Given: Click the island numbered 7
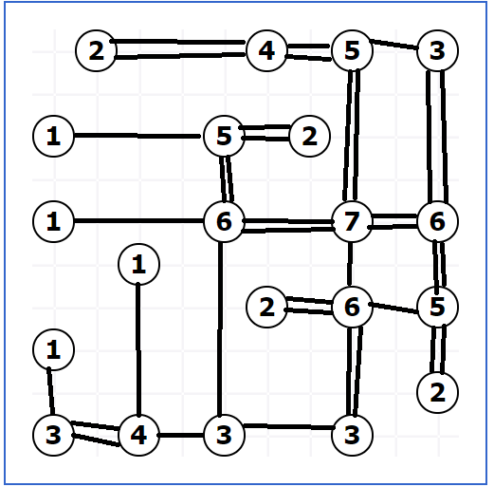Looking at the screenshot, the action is [x=352, y=221].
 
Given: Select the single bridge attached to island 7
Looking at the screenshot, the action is [x=350, y=264].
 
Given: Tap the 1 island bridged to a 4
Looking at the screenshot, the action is [x=138, y=264].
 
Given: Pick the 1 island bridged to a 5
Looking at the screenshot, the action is [x=53, y=136].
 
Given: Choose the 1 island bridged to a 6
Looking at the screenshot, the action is [x=53, y=221].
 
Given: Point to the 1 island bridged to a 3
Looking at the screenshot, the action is [x=53, y=349].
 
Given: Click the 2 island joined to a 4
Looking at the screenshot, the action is [x=96, y=50].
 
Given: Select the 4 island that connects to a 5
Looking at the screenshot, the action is [x=266, y=50].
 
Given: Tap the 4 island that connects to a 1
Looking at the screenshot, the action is [x=138, y=435].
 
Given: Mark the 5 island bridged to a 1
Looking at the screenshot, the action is [x=224, y=136].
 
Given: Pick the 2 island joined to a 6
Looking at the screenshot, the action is [x=266, y=307].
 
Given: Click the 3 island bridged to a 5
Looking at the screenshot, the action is [x=437, y=50].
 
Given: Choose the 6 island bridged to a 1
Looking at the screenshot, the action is [x=224, y=221].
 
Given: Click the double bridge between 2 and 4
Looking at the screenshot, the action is [x=177, y=49].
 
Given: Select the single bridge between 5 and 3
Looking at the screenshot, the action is [x=393, y=45].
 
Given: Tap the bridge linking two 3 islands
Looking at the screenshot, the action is [x=288, y=427].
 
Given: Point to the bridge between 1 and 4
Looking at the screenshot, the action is [x=138, y=349].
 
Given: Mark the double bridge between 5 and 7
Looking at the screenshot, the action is [x=352, y=136].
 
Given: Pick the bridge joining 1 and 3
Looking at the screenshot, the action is [x=50, y=391].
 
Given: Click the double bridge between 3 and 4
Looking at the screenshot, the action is [x=96, y=433].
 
